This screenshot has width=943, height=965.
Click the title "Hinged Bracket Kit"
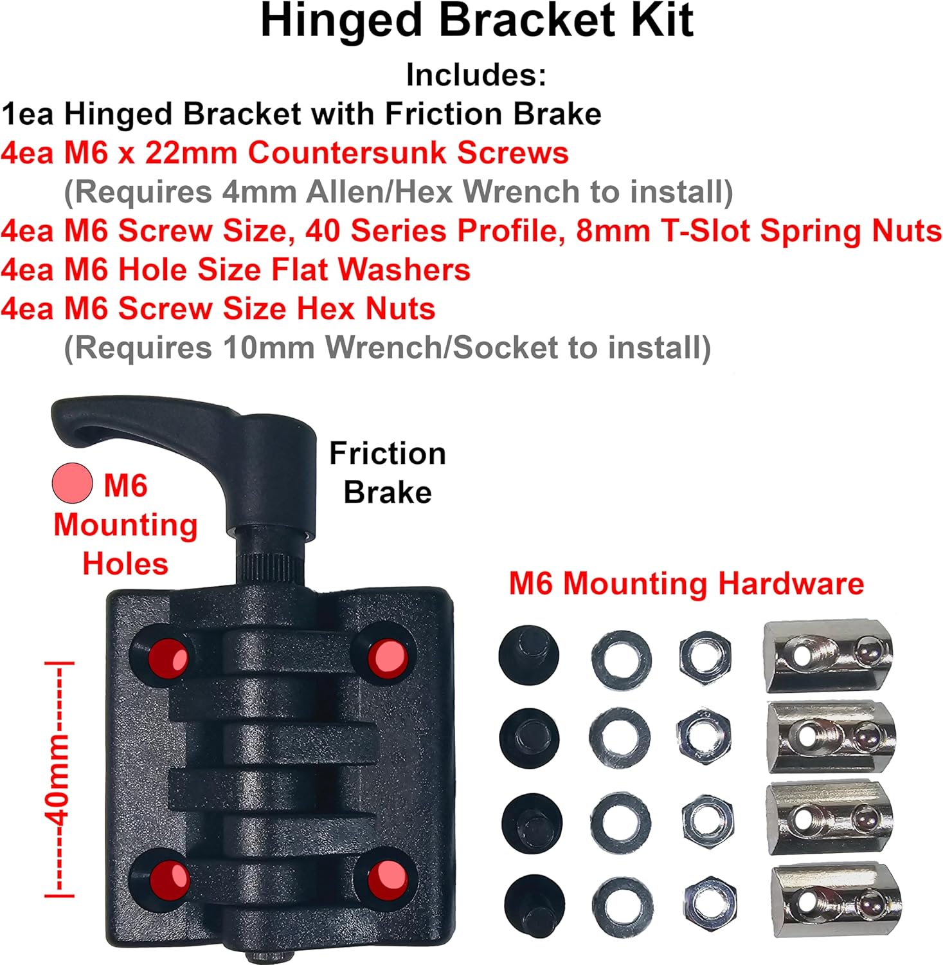pos(476,23)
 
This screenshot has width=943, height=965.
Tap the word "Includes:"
pos(476,75)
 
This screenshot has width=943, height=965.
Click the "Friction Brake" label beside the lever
pos(388,473)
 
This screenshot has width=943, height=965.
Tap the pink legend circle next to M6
pos(73,484)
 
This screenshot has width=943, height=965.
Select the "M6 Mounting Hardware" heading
pos(687,584)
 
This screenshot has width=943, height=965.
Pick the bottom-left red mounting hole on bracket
pos(169,878)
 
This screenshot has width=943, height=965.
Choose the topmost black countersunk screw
pos(528,656)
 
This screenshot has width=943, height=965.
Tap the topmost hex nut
pos(705,656)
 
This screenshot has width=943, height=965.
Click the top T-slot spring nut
pos(828,656)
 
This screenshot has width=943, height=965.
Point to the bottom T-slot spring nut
pos(836,898)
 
